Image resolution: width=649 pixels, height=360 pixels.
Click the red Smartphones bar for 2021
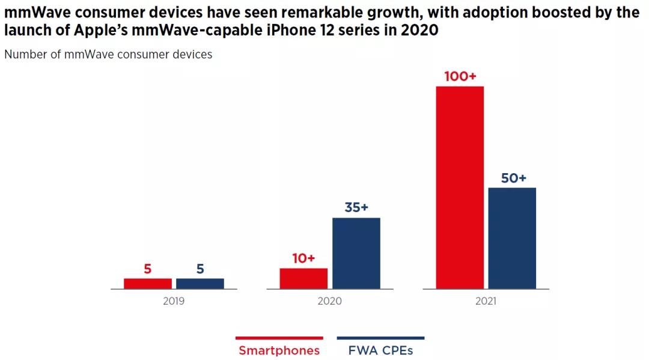pyautogui.click(x=460, y=188)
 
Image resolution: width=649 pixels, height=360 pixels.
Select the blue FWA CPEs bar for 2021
pyautogui.click(x=512, y=238)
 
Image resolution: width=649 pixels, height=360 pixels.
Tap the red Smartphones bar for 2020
pyautogui.click(x=303, y=278)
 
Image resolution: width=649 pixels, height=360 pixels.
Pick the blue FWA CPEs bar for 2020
pyautogui.click(x=356, y=253)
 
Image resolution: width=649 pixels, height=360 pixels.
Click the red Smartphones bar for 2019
pyautogui.click(x=148, y=283)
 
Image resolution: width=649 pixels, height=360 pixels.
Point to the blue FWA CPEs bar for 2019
pyautogui.click(x=200, y=283)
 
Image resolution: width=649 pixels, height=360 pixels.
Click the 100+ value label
pyautogui.click(x=460, y=77)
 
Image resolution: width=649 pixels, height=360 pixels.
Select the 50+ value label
pyautogui.click(x=513, y=178)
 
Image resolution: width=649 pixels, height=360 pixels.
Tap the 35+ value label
pyautogui.click(x=356, y=207)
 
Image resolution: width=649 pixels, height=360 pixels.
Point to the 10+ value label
pyautogui.click(x=303, y=258)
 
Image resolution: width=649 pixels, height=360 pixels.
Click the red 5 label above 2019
pyautogui.click(x=148, y=269)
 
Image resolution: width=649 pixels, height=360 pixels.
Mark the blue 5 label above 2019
pyautogui.click(x=200, y=269)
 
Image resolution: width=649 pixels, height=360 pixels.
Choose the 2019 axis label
pyautogui.click(x=174, y=301)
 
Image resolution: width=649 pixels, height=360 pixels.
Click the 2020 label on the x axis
pyautogui.click(x=329, y=301)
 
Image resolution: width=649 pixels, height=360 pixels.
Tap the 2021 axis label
pyautogui.click(x=486, y=301)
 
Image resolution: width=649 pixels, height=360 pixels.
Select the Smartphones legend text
pyautogui.click(x=279, y=350)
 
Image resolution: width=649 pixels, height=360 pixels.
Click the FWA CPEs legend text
pyautogui.click(x=380, y=350)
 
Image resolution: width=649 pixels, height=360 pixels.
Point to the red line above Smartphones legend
pyautogui.click(x=279, y=338)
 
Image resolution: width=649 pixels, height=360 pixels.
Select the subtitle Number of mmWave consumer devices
pyautogui.click(x=108, y=55)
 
